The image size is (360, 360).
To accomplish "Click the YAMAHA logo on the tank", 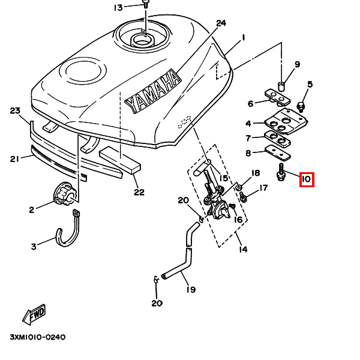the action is tap(153, 91).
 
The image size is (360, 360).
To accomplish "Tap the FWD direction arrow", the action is tap(34, 314).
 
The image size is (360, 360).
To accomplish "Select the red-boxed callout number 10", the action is tap(307, 179).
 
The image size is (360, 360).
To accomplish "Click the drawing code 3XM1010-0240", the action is tap(38, 337).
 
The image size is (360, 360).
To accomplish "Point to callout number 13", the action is tap(118, 8).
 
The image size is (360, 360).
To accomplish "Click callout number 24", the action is tap(221, 23).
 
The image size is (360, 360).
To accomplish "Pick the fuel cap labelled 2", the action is tap(64, 194).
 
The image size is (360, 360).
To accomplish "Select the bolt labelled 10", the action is tap(281, 172).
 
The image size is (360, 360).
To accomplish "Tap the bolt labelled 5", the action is tap(301, 107).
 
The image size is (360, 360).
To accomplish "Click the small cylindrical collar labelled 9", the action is tap(282, 86).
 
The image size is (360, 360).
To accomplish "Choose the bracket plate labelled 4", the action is tap(286, 121).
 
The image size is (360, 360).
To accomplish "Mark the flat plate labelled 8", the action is tap(278, 153).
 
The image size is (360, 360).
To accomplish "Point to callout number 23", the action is tap(15, 110).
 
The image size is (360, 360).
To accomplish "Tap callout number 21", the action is tap(14, 158).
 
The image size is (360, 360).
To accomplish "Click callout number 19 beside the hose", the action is tap(191, 290).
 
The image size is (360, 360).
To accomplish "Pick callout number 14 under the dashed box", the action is tap(243, 249).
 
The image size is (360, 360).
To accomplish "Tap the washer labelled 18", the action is tap(239, 188).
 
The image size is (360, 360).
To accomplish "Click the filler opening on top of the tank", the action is tap(142, 41).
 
